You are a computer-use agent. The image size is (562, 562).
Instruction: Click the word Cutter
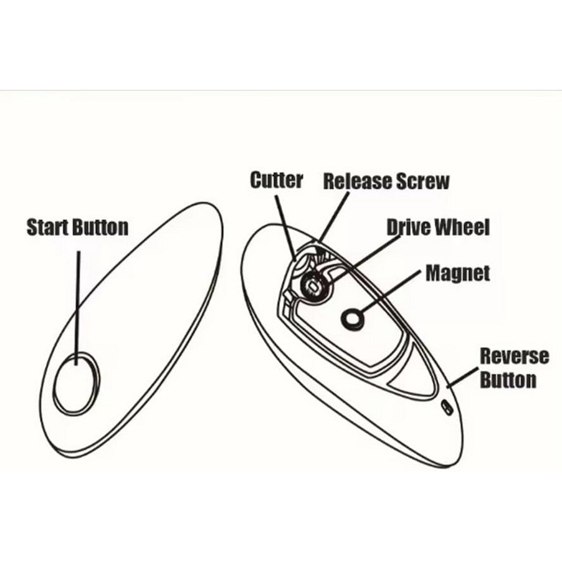[277, 180]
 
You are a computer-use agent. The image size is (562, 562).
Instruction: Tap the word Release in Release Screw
[357, 181]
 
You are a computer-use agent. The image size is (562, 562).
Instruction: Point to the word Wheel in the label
[463, 227]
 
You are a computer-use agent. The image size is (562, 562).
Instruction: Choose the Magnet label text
[458, 273]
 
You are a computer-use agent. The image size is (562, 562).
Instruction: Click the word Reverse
[514, 356]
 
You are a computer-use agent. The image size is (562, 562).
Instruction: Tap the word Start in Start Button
[48, 227]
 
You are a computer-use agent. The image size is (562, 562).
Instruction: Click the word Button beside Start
[101, 227]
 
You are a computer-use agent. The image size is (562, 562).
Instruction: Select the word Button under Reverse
[508, 379]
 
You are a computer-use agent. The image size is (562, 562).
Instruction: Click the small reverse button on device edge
[446, 408]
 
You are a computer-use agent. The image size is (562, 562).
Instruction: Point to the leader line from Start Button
[78, 308]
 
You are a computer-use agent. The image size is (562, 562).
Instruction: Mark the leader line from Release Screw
[334, 217]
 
